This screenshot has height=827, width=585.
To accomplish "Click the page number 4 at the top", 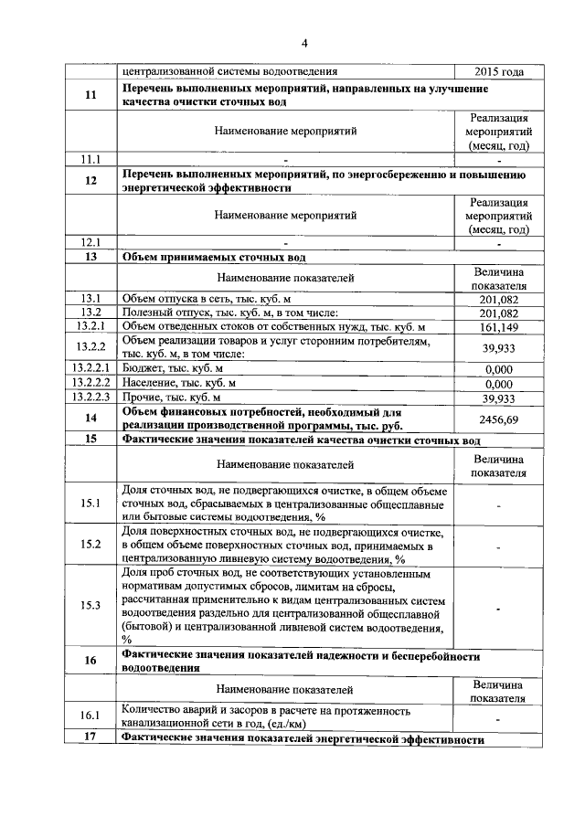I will (x=304, y=42).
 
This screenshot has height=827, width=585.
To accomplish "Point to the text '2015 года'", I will (x=499, y=71).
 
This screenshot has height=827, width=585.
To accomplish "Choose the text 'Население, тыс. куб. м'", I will (x=178, y=383).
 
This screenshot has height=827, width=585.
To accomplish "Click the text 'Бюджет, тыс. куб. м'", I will (x=173, y=368).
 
